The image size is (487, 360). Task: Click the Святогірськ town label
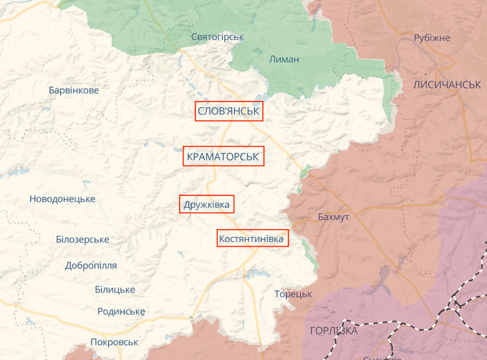(x=217, y=37)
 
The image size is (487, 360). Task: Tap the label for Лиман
(x=284, y=59)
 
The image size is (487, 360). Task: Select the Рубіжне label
(x=432, y=38)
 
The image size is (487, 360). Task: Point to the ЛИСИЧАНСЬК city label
(x=448, y=86)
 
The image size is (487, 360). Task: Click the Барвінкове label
(x=74, y=90)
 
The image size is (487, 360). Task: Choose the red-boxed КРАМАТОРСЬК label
(x=224, y=157)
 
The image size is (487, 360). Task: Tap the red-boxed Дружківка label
(x=207, y=205)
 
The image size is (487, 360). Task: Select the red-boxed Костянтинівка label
(x=252, y=238)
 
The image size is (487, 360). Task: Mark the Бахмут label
(x=334, y=217)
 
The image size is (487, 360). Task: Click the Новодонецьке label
(x=63, y=199)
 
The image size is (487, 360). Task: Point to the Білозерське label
(x=82, y=240)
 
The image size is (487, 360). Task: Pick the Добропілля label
(x=91, y=266)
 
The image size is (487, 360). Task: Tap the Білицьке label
(x=115, y=290)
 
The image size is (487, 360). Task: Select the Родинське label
(x=121, y=311)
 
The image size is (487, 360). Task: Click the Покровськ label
(x=115, y=342)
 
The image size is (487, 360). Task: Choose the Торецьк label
(x=294, y=294)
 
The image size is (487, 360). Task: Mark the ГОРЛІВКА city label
(x=334, y=330)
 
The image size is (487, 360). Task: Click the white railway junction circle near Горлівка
(x=455, y=305)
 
